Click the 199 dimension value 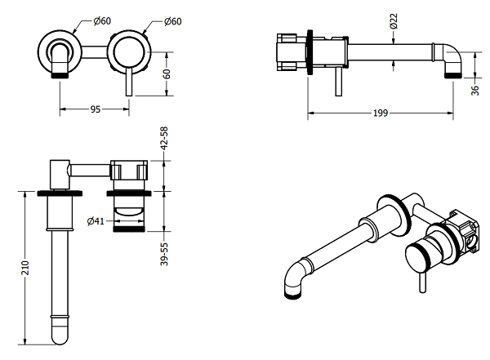point(380,112)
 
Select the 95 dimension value point(96,109)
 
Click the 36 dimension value point(474,90)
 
